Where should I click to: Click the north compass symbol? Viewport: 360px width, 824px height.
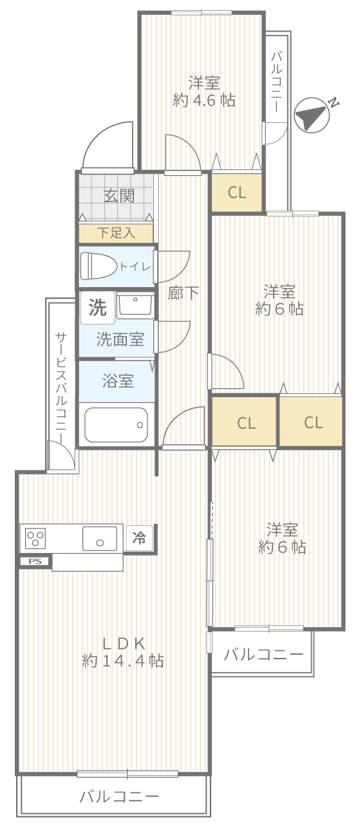(x=312, y=115)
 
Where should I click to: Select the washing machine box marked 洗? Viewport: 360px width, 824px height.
(x=98, y=308)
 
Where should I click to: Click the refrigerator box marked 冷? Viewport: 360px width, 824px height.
(x=139, y=538)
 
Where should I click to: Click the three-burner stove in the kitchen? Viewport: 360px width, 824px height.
(x=35, y=538)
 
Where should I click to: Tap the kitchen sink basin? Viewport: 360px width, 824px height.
(x=100, y=539)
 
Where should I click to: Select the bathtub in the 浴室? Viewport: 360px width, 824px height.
(x=116, y=425)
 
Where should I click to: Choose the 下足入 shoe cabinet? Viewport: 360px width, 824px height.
(x=116, y=233)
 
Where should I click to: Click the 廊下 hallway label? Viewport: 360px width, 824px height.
(x=184, y=294)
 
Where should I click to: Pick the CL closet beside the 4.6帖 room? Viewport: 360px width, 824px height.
(x=236, y=192)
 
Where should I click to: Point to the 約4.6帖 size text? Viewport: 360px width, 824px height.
(x=204, y=100)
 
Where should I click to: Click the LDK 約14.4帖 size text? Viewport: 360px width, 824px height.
(x=123, y=661)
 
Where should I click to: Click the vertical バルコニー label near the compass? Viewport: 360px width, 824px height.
(x=277, y=82)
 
